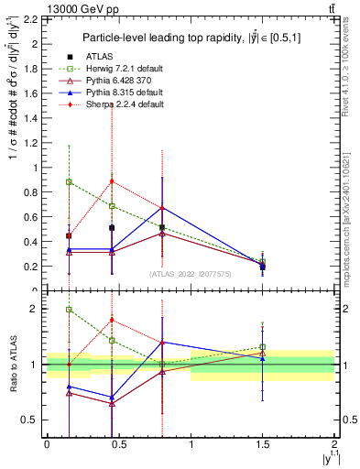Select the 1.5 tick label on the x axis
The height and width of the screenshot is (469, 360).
tap(262, 444)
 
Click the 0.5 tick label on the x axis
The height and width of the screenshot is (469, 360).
tap(118, 444)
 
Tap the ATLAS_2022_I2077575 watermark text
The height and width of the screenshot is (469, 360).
tap(189, 274)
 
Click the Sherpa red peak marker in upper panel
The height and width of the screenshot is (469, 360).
tap(112, 180)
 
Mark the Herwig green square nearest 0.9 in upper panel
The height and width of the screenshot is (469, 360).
tap(69, 181)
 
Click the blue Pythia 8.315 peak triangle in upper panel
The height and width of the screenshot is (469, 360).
tap(162, 208)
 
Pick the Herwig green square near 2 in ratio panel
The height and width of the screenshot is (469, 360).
tap(69, 310)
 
